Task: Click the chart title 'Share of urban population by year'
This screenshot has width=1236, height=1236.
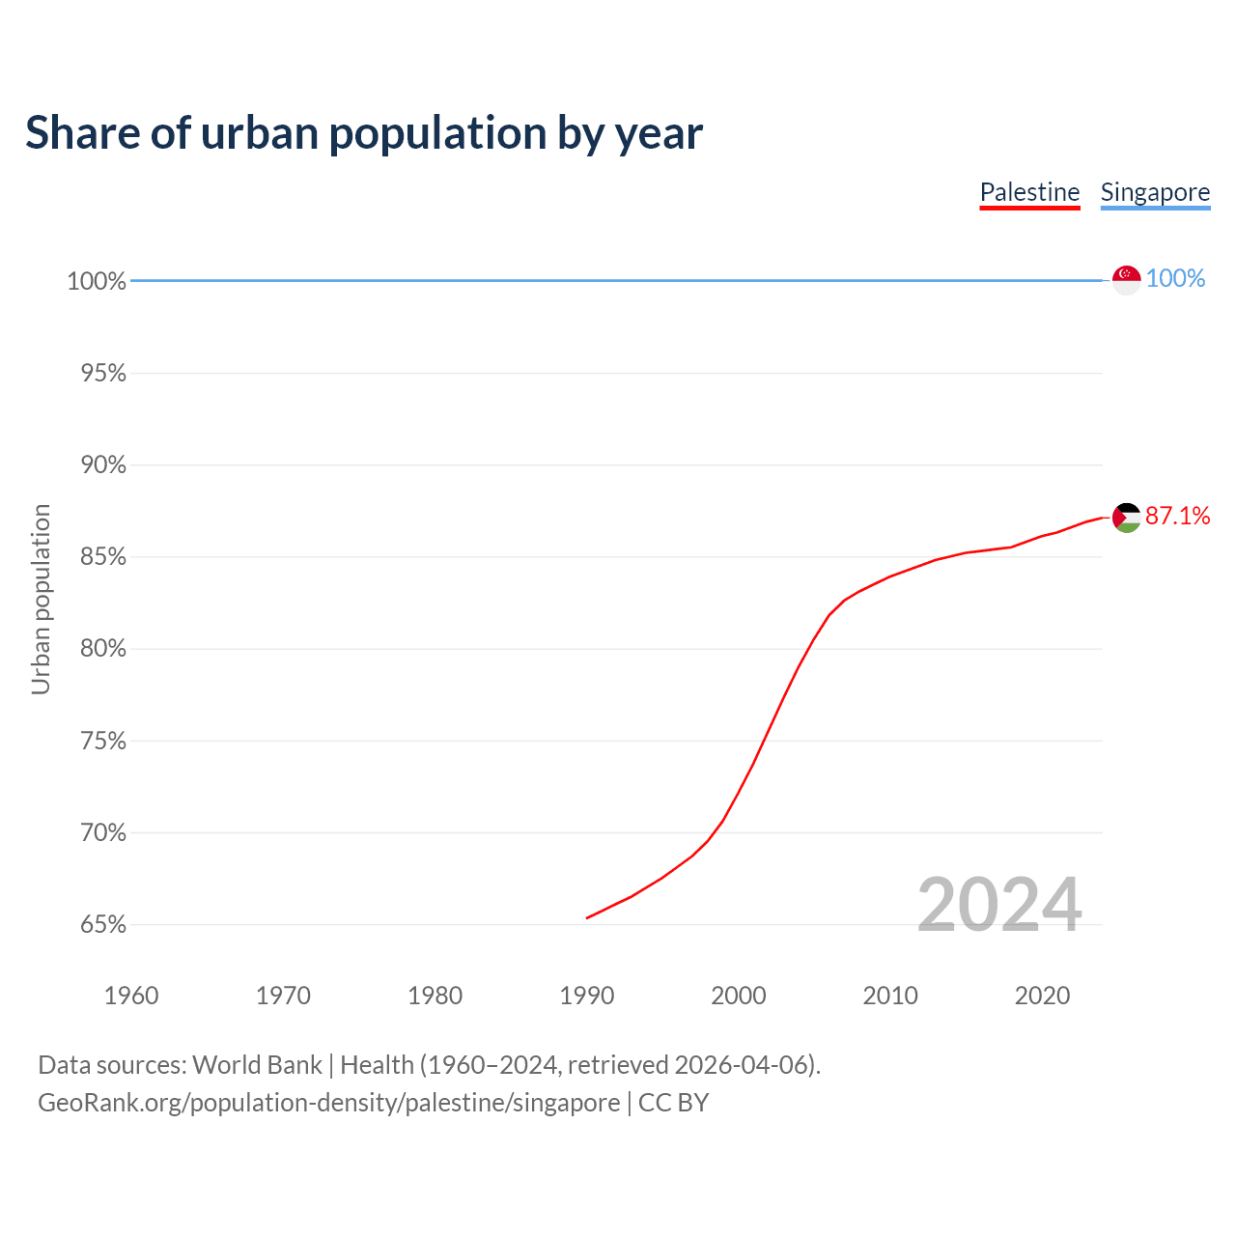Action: (x=364, y=133)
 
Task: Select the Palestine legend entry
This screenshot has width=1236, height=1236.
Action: (x=1029, y=192)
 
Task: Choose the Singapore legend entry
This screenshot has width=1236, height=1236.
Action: (x=1155, y=192)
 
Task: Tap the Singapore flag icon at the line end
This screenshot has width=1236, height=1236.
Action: (x=1126, y=279)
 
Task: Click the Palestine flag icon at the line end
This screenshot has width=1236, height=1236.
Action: (x=1126, y=518)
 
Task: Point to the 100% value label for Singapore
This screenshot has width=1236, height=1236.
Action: (x=1175, y=278)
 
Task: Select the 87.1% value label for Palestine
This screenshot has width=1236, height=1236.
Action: (x=1177, y=516)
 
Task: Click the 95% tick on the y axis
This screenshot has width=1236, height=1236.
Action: (x=103, y=373)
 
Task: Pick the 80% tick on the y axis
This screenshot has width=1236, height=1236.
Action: (x=103, y=649)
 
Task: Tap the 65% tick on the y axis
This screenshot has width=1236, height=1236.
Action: (x=103, y=925)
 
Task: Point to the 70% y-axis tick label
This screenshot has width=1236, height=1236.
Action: (x=103, y=832)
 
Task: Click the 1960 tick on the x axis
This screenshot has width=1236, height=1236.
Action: (x=131, y=996)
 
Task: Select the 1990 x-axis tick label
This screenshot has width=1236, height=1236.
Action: (x=587, y=996)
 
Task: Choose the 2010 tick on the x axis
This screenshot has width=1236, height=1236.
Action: (x=890, y=996)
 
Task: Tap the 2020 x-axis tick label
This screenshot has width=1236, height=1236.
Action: (x=1042, y=996)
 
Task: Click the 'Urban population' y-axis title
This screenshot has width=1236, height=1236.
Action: (x=41, y=599)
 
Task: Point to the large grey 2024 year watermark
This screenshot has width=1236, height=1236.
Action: (x=999, y=905)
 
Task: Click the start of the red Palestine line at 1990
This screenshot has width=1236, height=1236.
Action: (x=588, y=917)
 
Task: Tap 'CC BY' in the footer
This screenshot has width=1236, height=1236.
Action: (x=673, y=1102)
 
